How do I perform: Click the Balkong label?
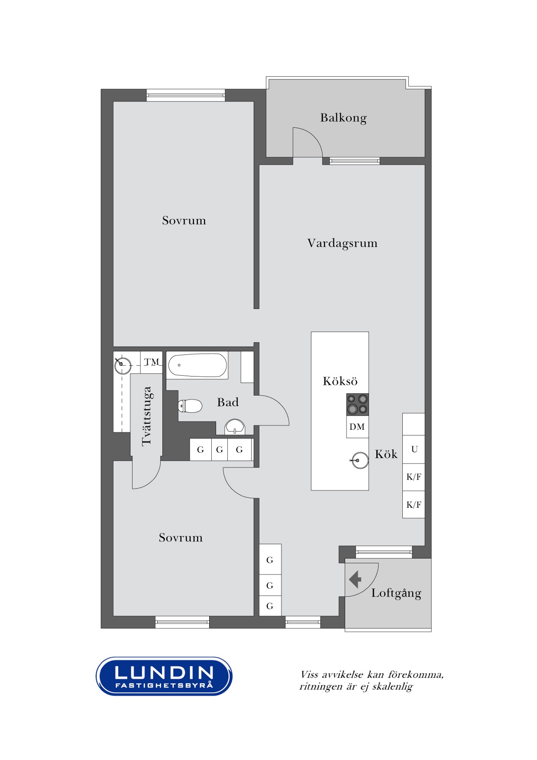pos(343,118)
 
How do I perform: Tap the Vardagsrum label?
pos(342,243)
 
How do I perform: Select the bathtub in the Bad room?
pos(197,365)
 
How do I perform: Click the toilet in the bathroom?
pos(191,406)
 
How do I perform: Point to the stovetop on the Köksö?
pos(357,404)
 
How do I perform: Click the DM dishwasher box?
pos(357,427)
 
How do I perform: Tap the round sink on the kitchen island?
pos(359,460)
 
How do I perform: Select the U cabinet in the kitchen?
pos(414,449)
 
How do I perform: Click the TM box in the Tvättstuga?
pos(152,362)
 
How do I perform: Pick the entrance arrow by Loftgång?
pos(356,579)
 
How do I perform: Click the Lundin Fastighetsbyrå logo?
pos(164,676)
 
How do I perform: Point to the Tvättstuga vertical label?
pos(147,416)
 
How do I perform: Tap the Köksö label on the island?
pos(340,381)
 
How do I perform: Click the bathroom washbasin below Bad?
pos(235,426)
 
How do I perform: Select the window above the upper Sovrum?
pos(186,95)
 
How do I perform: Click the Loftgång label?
pos(396,593)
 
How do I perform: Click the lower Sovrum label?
pos(181,538)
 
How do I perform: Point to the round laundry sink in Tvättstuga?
pos(123,366)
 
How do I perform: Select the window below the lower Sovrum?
pos(182,622)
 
